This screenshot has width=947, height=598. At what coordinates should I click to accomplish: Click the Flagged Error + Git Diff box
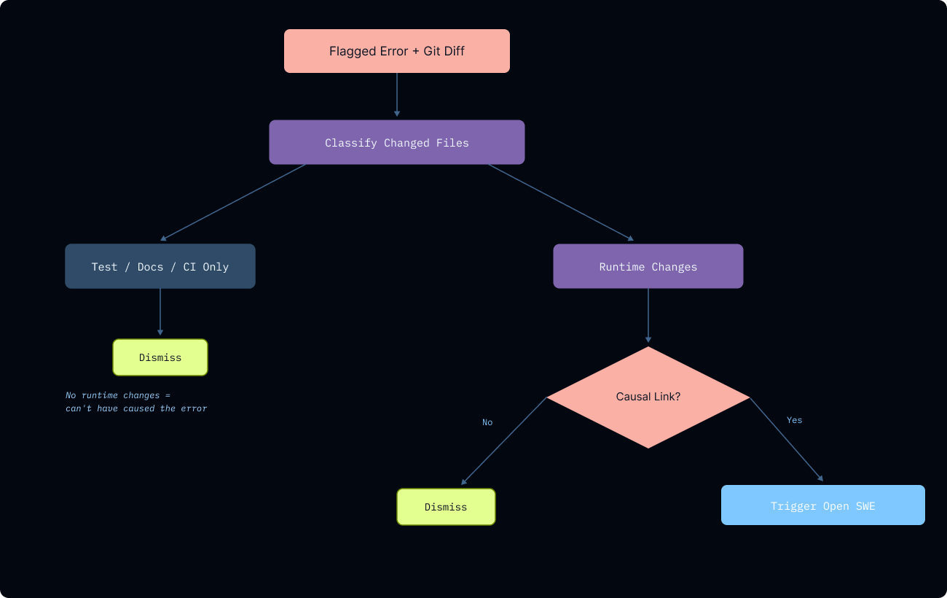tap(396, 51)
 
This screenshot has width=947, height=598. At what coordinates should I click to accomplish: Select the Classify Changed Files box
tap(396, 142)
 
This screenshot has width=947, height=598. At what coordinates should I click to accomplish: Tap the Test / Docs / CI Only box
tap(160, 266)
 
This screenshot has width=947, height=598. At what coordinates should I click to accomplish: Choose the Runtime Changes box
tap(648, 266)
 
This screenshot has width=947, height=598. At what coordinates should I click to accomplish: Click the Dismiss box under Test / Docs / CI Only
tap(160, 357)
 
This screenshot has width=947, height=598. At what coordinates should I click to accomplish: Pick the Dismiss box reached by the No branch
tap(446, 507)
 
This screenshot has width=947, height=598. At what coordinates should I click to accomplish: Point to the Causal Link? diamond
tap(648, 397)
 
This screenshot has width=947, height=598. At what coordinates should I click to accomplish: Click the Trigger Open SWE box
tap(822, 505)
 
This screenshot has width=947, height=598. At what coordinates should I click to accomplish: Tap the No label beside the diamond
tap(487, 422)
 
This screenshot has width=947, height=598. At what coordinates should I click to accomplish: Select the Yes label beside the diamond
tap(794, 420)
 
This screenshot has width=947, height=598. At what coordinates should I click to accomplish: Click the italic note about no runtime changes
tap(136, 402)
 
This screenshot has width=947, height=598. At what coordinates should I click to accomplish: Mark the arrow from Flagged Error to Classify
tap(397, 95)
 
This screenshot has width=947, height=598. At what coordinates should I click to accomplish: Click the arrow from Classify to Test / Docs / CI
tap(233, 202)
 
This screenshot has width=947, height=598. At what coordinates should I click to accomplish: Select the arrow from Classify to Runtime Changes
tap(561, 202)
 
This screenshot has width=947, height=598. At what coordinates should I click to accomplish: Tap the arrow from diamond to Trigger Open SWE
tap(787, 440)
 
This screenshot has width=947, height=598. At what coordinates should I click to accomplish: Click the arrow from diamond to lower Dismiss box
tap(504, 441)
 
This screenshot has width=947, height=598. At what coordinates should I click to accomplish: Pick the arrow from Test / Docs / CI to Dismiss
tap(160, 312)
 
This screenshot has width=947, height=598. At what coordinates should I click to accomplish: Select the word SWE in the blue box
tap(865, 506)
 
